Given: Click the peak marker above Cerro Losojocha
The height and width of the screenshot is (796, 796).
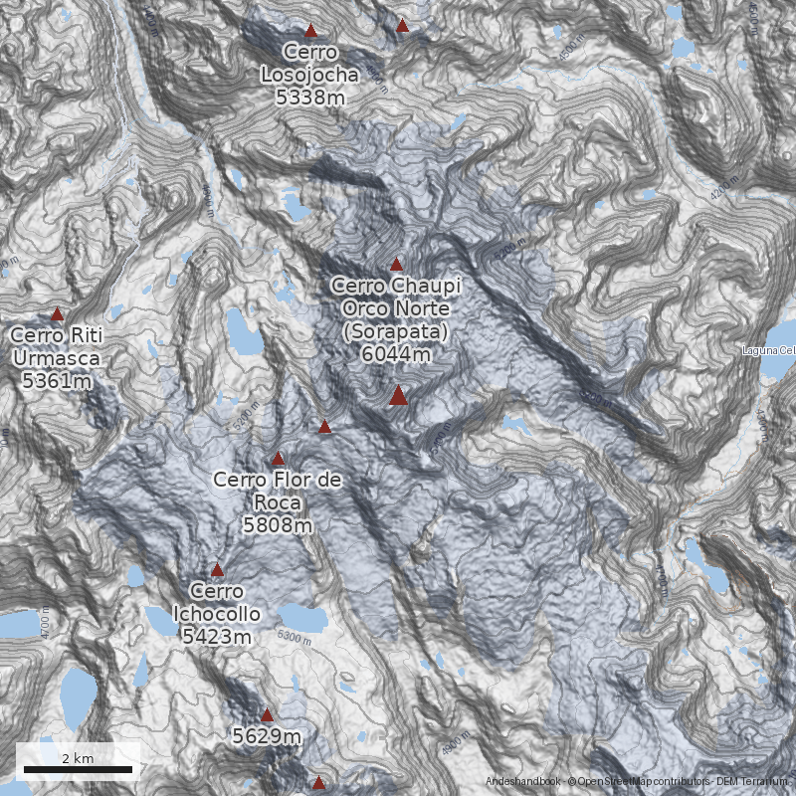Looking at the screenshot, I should tap(310, 31).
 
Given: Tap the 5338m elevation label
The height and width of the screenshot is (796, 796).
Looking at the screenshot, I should tap(310, 97).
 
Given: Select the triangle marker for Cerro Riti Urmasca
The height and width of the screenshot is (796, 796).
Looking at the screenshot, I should tap(58, 313).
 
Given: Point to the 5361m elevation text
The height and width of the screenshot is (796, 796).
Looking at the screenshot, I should tap(57, 380).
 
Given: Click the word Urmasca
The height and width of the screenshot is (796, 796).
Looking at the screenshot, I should tap(57, 357).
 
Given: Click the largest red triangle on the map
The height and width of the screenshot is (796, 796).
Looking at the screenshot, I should tap(398, 396).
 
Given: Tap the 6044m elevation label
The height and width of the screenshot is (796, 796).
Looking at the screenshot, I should tap(396, 353).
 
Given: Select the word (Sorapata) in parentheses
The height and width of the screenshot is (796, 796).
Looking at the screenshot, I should tap(396, 330).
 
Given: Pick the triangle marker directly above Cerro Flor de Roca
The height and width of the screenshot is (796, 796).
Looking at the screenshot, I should tap(279, 459).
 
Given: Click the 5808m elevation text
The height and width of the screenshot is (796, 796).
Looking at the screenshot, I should tap(278, 524).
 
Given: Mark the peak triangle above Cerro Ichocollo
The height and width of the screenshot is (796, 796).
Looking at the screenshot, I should tap(218, 570).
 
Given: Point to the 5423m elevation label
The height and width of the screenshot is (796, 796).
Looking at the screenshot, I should tap(217, 636).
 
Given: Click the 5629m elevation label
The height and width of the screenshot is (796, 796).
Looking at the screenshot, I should tap(267, 737).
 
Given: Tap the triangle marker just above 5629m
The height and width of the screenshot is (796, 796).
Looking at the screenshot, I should tap(267, 714).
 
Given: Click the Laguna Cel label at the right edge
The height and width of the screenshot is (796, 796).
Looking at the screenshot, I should tap(769, 350).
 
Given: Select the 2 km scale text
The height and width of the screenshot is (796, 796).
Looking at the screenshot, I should tap(78, 758).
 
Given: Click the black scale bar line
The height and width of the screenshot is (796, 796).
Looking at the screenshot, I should tap(78, 769).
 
